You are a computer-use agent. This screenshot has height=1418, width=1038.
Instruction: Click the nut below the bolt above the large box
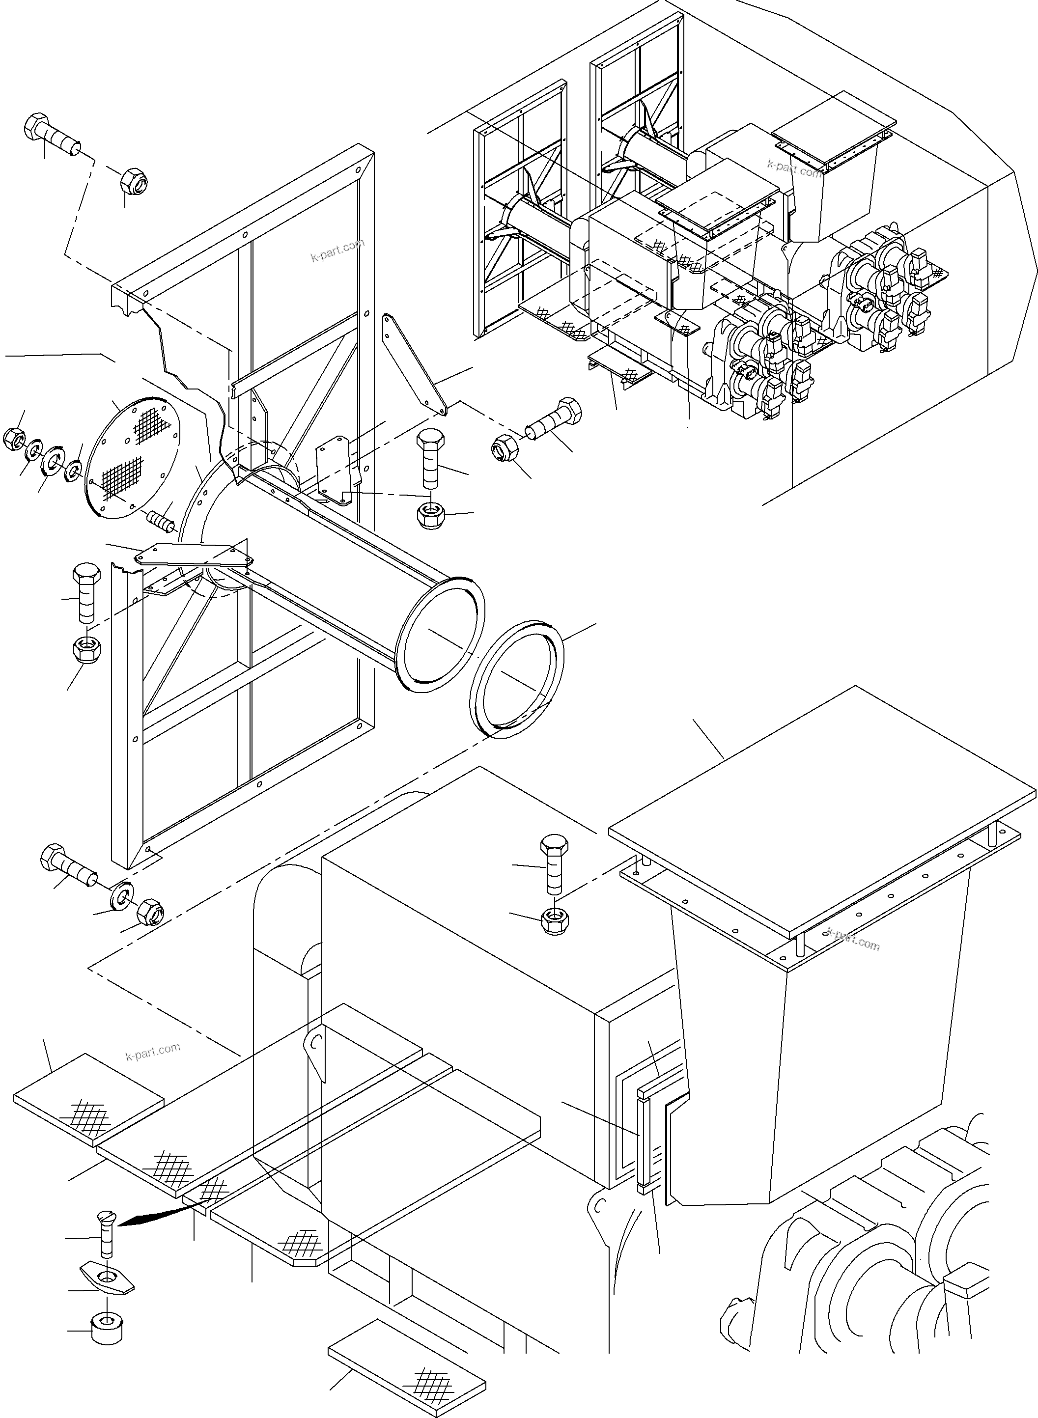554,921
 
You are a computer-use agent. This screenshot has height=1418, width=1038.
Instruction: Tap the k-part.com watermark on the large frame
337,250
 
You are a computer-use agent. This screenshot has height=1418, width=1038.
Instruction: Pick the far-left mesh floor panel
88,1101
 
